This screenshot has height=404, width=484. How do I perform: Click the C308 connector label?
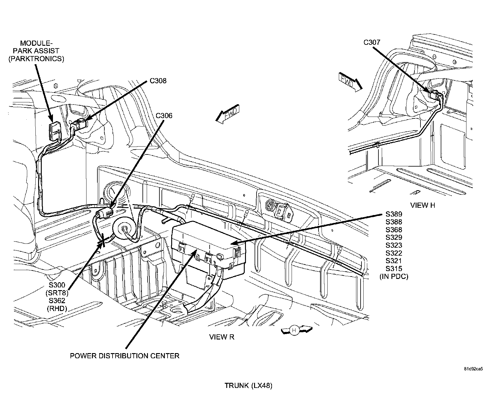click(x=158, y=81)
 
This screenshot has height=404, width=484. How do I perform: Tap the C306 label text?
click(x=164, y=116)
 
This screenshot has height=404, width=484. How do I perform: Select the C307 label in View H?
click(x=372, y=42)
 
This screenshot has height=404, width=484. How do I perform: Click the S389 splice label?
click(x=394, y=214)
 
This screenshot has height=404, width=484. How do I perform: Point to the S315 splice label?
click(x=394, y=269)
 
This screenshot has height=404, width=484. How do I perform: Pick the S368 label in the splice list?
click(x=394, y=230)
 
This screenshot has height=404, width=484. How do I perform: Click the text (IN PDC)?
click(x=394, y=277)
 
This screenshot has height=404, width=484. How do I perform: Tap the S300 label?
click(x=57, y=285)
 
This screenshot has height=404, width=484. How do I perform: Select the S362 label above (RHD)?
click(x=57, y=301)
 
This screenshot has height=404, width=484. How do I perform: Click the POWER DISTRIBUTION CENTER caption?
click(x=125, y=356)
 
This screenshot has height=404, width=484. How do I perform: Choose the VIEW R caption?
click(x=222, y=337)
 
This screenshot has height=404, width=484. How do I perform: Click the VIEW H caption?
click(x=423, y=205)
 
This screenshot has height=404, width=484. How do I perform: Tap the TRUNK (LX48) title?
click(x=248, y=386)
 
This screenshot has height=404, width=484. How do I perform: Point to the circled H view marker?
click(x=293, y=330)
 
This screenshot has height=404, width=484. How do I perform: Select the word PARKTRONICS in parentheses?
click(x=36, y=59)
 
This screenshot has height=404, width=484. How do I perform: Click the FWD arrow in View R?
click(x=227, y=114)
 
